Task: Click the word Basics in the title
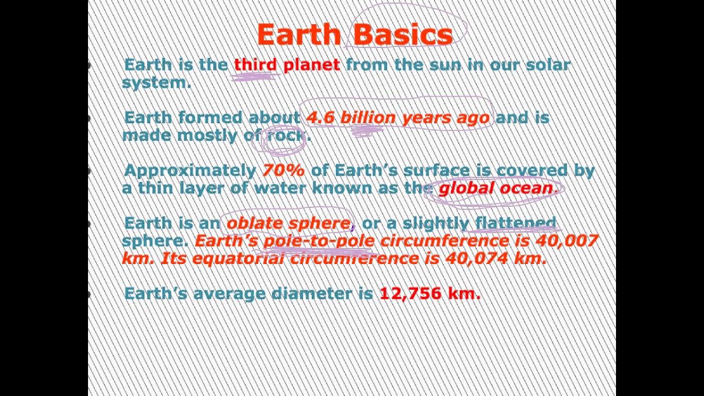[x=404, y=35]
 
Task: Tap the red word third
[x=255, y=65]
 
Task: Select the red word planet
[x=311, y=65]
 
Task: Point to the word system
[x=156, y=82]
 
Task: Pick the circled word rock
[x=286, y=135]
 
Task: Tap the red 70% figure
[x=283, y=170]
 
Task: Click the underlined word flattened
[x=515, y=223]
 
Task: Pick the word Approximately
[x=190, y=170]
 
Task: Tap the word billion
[x=368, y=118]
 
